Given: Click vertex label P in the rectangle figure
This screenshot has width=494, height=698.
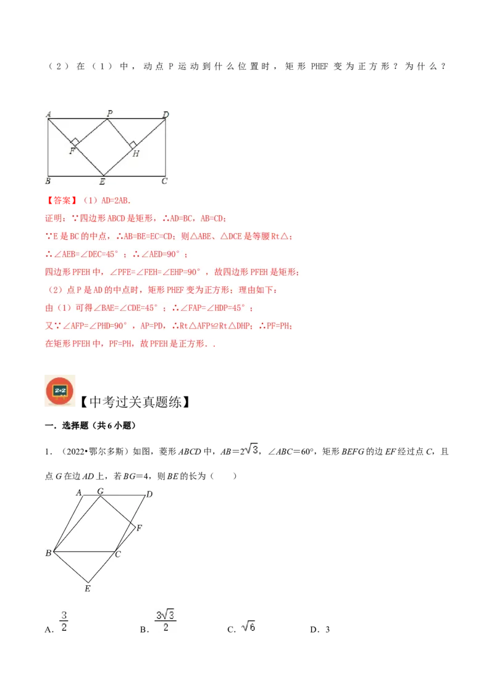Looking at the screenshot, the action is (110, 113).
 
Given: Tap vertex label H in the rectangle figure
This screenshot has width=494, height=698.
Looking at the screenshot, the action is (136, 154).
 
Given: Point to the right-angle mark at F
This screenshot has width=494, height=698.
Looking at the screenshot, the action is (75, 142).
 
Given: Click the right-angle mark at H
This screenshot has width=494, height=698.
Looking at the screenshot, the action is (132, 145).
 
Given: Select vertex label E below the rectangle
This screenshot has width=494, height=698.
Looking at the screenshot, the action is (103, 181).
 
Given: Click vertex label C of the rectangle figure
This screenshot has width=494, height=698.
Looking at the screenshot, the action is (164, 181).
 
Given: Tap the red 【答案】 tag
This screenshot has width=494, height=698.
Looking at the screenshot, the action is (62, 201).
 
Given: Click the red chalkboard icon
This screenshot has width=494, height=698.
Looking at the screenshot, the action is (60, 391).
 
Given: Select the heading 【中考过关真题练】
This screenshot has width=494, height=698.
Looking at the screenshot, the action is (135, 402).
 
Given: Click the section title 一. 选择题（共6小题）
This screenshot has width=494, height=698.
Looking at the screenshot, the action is (90, 425).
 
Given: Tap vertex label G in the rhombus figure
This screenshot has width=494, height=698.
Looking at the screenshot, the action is (100, 491).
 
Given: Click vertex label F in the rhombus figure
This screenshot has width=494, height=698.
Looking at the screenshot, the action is (139, 528).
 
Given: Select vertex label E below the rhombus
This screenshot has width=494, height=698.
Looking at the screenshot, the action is (88, 588).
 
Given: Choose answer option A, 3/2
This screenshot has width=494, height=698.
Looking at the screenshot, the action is (57, 622).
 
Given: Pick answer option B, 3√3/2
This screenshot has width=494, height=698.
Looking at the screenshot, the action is (158, 622).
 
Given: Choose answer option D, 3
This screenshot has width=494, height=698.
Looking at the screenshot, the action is (320, 630).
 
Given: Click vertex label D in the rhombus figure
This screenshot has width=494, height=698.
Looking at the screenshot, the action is (149, 494).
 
